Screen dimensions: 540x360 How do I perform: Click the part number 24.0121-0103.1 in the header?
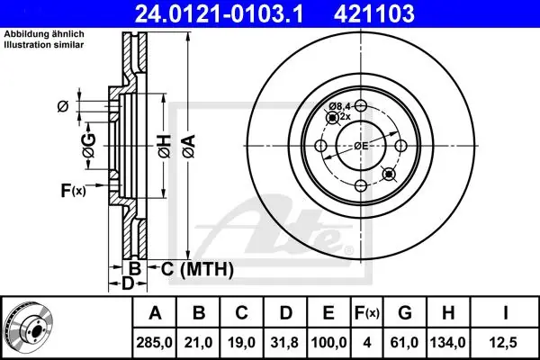pos(219,13)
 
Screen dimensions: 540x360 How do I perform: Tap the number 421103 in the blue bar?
pos(374,13)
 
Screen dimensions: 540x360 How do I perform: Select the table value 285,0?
pos(154,342)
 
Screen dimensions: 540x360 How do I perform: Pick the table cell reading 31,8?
pos(285,342)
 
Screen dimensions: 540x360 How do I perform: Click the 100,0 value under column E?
pos(328,342)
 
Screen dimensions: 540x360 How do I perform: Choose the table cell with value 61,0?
pos(404,342)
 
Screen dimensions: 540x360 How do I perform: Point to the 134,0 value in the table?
pos(447,342)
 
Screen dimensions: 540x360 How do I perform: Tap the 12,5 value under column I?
pos(503,342)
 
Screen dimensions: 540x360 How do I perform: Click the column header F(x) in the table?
pos(367,313)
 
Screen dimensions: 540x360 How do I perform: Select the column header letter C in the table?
pos(241,313)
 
